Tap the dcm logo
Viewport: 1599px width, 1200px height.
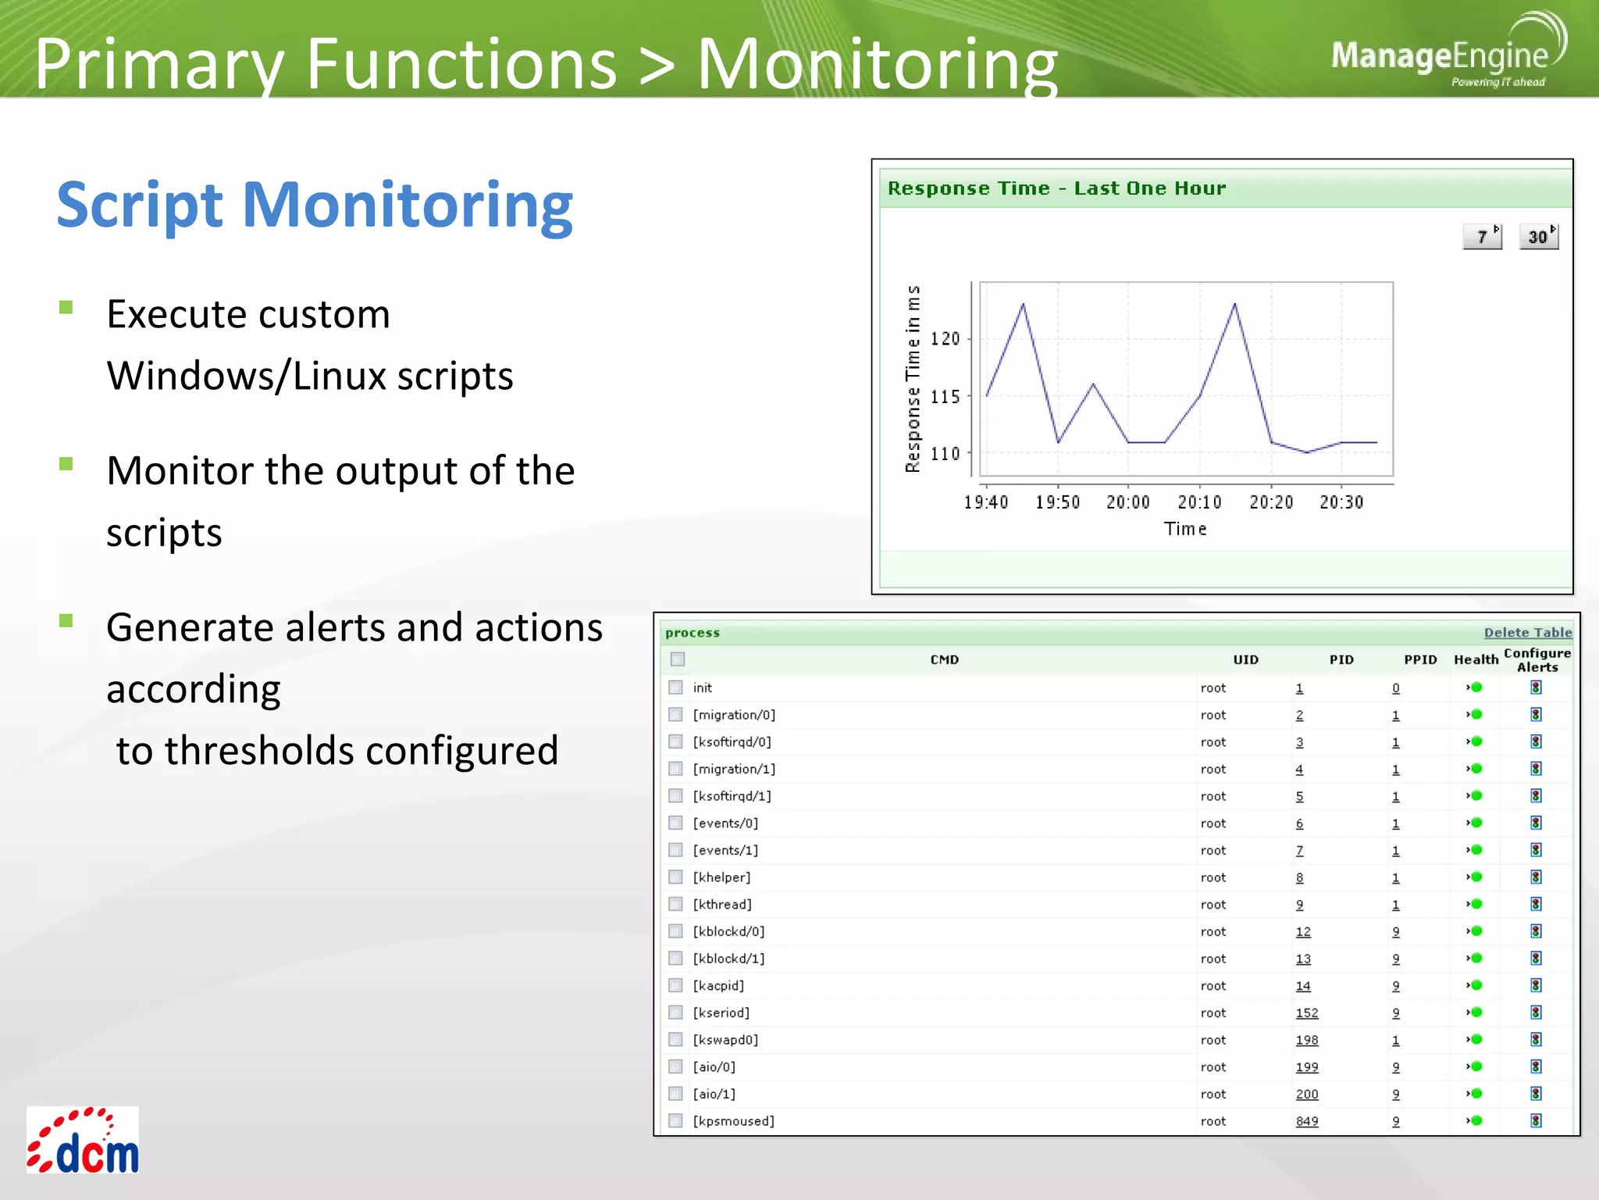[83, 1141]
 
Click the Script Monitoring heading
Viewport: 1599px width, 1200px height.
[315, 205]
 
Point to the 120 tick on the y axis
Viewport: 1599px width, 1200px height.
[945, 339]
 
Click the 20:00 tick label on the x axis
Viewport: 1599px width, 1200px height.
[1127, 502]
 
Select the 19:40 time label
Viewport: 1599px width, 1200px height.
[985, 502]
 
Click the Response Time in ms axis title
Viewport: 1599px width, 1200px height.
[913, 379]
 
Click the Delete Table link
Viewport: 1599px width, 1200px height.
[1527, 633]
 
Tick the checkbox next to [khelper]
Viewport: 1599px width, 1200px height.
[676, 877]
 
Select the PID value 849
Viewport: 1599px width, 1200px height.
[1306, 1121]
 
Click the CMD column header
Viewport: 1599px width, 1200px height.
[944, 659]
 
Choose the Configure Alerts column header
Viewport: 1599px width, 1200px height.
[1537, 659]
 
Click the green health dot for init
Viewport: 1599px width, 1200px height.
[1476, 687]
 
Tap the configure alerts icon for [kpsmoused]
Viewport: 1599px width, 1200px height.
[1536, 1121]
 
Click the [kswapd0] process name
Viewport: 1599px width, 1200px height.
[725, 1040]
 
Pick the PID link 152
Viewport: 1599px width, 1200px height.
[1306, 1013]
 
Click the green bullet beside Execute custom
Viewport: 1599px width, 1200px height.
[66, 307]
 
